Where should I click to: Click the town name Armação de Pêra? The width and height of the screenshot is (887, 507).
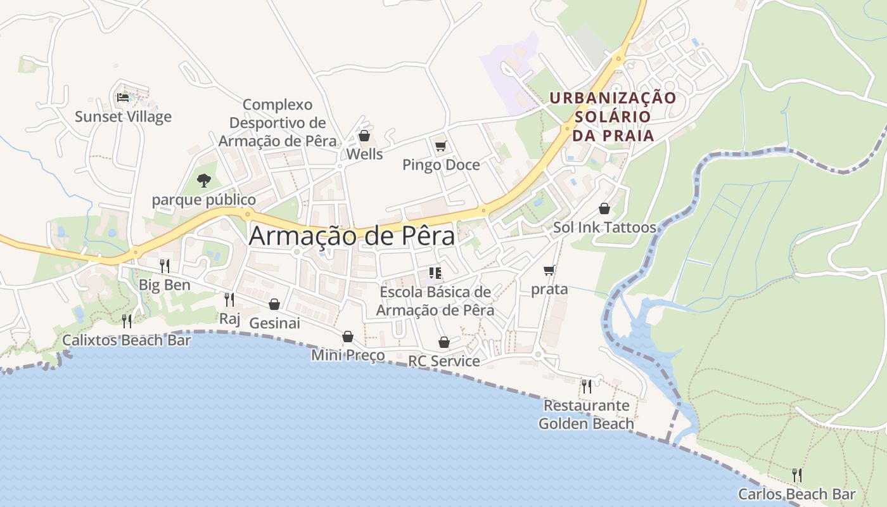pos(352,236)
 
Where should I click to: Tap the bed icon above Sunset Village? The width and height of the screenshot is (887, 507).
pos(123,98)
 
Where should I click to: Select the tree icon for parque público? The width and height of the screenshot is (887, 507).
pos(203,181)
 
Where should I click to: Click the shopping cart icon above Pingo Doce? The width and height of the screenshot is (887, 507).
pos(441,146)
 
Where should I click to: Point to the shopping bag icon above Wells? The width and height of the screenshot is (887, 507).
pos(364,136)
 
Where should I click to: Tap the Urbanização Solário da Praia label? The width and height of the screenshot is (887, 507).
pos(613,117)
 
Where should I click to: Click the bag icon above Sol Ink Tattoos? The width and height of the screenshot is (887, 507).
pos(604,209)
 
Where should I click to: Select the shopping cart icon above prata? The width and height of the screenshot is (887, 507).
pos(549,271)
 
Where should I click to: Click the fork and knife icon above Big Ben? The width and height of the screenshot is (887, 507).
pos(164,266)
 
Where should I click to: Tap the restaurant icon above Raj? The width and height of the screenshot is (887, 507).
pos(229,299)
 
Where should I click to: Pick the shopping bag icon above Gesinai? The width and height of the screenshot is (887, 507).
pos(274,304)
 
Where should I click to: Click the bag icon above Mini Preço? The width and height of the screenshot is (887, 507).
pos(348,337)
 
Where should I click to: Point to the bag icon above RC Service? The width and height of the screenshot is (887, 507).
pos(444,342)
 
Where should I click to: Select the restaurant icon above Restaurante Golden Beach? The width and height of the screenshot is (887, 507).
pos(587,386)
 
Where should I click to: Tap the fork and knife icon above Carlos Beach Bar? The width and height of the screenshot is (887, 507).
pos(797,475)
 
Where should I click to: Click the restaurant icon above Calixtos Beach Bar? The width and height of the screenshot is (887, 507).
pos(127,321)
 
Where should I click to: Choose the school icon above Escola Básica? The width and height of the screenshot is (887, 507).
pos(435,273)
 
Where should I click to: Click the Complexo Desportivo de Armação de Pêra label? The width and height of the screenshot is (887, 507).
pos(278,122)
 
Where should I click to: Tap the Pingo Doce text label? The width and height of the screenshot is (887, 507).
pos(441,165)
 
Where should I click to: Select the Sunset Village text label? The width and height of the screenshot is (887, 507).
pos(123,117)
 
